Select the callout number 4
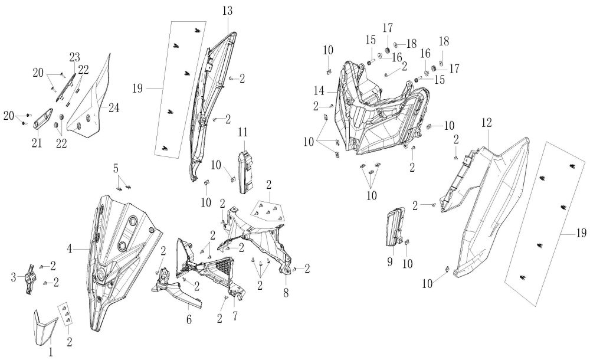coord(70,249)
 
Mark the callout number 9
coord(390,260)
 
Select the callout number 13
coord(228,11)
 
